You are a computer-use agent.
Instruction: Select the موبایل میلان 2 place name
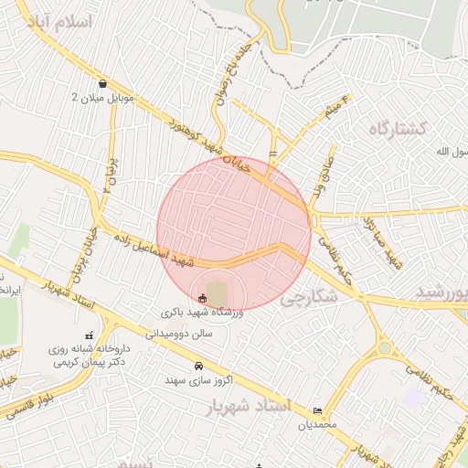(101, 97)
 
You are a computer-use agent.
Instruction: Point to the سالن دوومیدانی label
(182, 334)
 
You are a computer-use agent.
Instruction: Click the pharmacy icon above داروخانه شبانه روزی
(89, 335)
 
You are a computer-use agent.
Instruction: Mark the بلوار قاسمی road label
(27, 401)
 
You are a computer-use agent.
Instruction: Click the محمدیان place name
(317, 425)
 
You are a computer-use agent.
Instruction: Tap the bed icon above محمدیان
(317, 411)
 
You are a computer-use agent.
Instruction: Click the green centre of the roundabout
(384, 348)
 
